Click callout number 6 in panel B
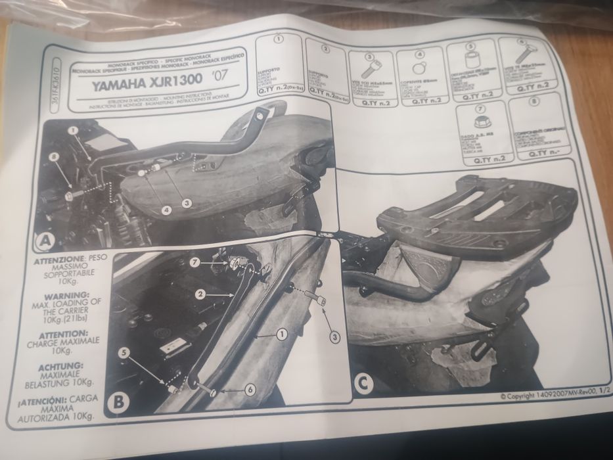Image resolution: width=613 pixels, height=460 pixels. pyautogui.click(x=249, y=389)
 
